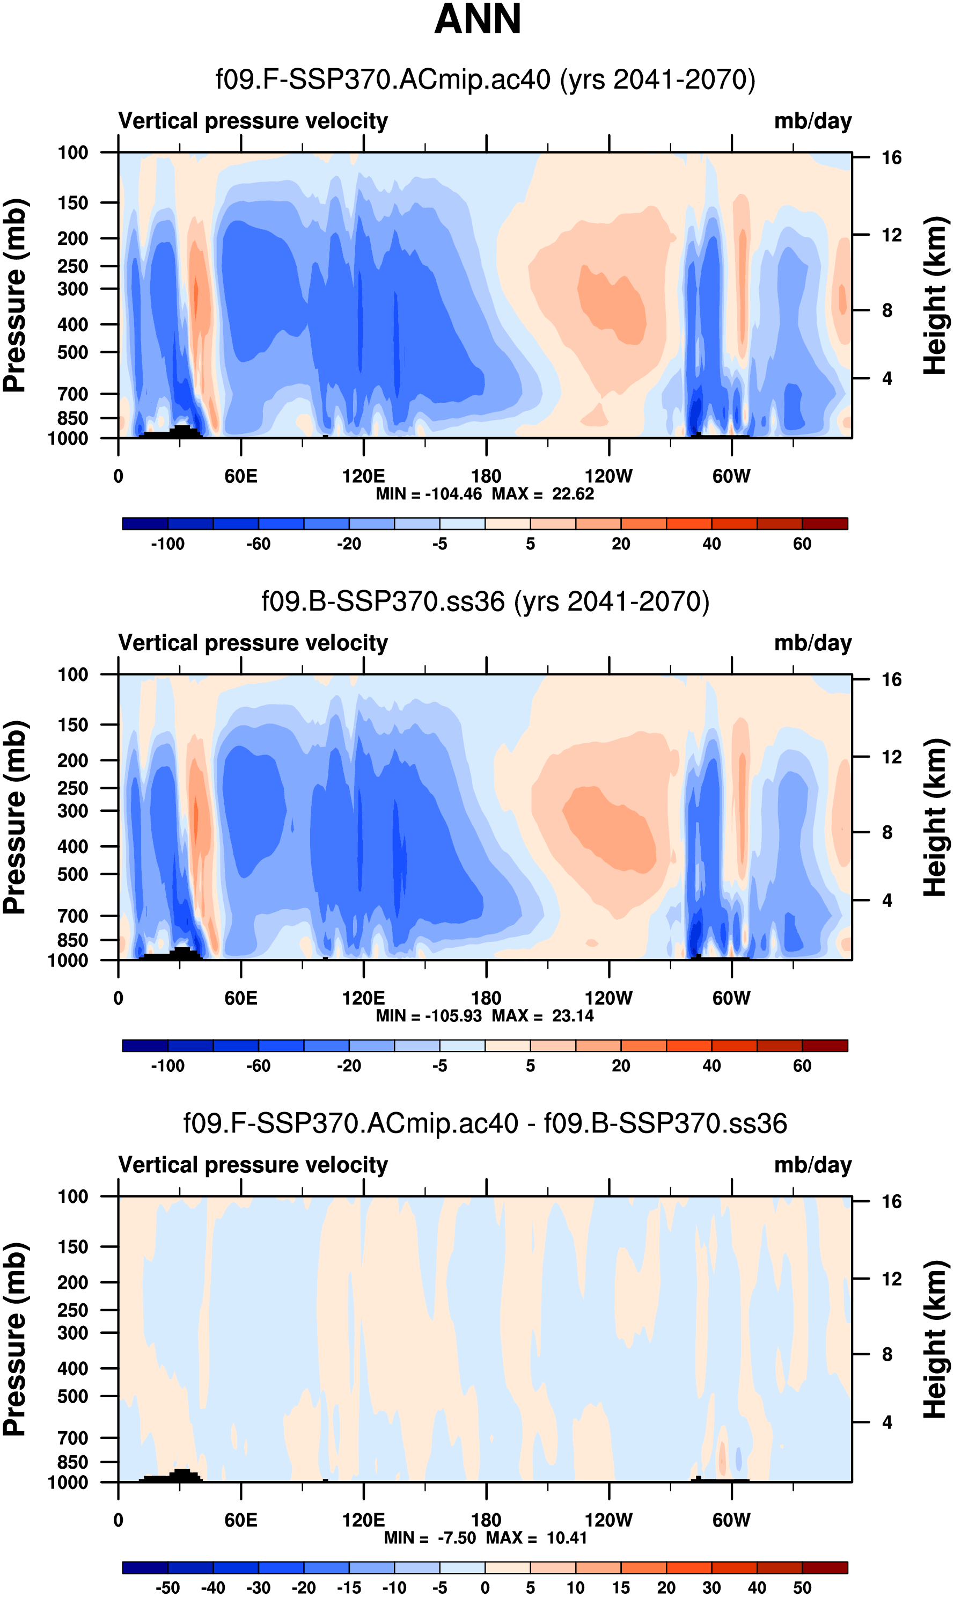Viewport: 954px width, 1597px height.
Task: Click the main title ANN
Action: [x=477, y=19]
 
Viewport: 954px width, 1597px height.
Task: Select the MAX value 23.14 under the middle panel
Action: [x=573, y=1016]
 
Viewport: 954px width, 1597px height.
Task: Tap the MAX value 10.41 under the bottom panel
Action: [x=567, y=1538]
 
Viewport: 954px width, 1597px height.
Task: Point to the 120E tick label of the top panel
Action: [x=363, y=477]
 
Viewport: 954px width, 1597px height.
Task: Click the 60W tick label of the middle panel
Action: [x=731, y=998]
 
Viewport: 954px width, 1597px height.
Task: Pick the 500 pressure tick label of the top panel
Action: [x=72, y=352]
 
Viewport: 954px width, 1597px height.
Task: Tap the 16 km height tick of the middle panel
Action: [x=891, y=680]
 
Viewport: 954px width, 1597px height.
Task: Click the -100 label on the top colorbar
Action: [x=168, y=544]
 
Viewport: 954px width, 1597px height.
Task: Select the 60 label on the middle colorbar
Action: [x=802, y=1066]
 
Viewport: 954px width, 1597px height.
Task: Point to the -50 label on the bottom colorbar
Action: [x=168, y=1587]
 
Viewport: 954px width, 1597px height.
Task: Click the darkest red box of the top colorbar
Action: [x=825, y=524]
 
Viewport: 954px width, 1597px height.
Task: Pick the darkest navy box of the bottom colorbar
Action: [x=145, y=1567]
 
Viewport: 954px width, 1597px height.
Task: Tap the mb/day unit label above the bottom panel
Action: [x=812, y=1165]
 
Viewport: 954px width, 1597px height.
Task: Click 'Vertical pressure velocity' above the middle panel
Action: [x=253, y=643]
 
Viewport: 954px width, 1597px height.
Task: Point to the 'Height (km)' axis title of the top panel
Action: [x=935, y=296]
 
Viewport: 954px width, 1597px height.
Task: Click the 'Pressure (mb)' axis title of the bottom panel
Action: [x=14, y=1339]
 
